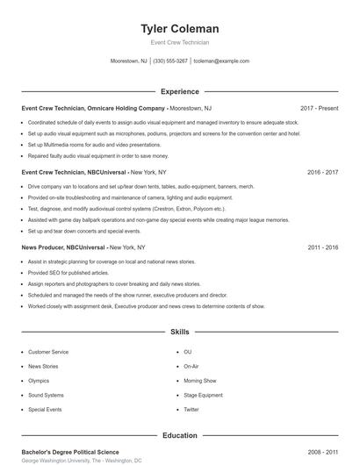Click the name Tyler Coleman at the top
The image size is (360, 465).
point(179,29)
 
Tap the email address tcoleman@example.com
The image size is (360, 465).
point(220,61)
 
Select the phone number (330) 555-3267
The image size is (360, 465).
point(170,61)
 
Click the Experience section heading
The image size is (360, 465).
point(179,91)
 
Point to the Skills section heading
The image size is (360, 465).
point(179,333)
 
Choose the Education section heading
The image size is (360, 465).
point(179,435)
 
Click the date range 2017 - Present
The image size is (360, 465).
point(319,108)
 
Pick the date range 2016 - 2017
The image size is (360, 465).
point(322,173)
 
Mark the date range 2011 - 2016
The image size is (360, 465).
point(322,248)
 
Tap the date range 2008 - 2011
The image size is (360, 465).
point(322,452)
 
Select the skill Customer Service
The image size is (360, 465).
point(48,351)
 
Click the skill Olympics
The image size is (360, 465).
point(39,381)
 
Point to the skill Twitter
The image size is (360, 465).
point(191,410)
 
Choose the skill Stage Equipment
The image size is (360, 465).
point(203,395)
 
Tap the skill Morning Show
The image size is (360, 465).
point(199,381)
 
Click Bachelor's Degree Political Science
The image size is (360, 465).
point(70,452)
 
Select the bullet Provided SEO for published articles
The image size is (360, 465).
point(69,274)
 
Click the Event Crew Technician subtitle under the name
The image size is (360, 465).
point(179,42)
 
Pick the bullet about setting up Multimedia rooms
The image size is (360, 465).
point(95,145)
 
